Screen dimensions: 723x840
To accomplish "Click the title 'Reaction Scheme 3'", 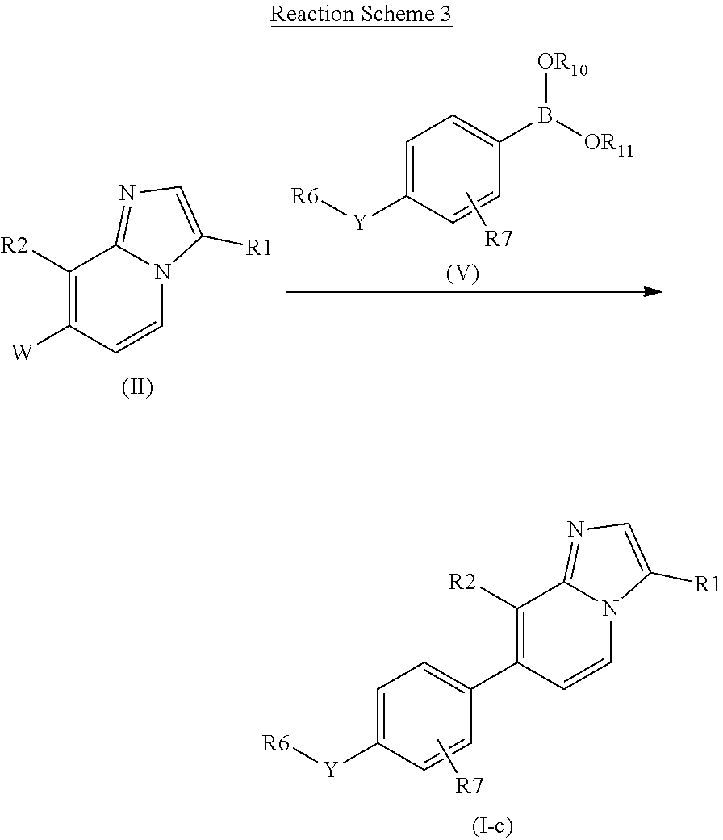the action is tap(361, 14).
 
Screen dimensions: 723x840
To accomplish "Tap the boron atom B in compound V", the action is tap(545, 115).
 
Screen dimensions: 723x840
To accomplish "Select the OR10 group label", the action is tap(562, 65).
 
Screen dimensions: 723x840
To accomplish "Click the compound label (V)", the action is tap(462, 274).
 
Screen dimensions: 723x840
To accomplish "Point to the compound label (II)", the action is tap(137, 387).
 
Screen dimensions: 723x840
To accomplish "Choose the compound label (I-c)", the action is tap(492, 826).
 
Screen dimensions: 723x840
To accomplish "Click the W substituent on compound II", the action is tap(22, 352).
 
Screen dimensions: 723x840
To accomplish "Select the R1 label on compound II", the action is tap(259, 248).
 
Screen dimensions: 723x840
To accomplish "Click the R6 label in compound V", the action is tap(304, 196).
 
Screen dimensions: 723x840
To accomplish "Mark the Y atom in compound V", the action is tap(359, 222).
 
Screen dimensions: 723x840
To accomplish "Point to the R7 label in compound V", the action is tap(499, 238).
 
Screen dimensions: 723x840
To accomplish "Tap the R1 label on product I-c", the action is tap(708, 584).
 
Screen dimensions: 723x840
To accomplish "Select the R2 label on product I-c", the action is tap(462, 582).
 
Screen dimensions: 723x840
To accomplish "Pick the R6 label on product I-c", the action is tap(276, 743).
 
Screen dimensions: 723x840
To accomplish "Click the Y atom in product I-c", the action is tap(331, 770).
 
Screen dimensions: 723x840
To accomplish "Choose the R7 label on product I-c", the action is tap(470, 785).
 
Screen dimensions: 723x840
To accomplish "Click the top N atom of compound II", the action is tap(127, 193).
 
